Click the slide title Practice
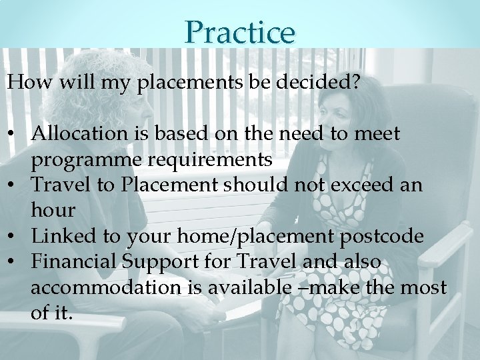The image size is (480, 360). [x=240, y=31]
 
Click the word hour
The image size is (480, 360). [x=53, y=211]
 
